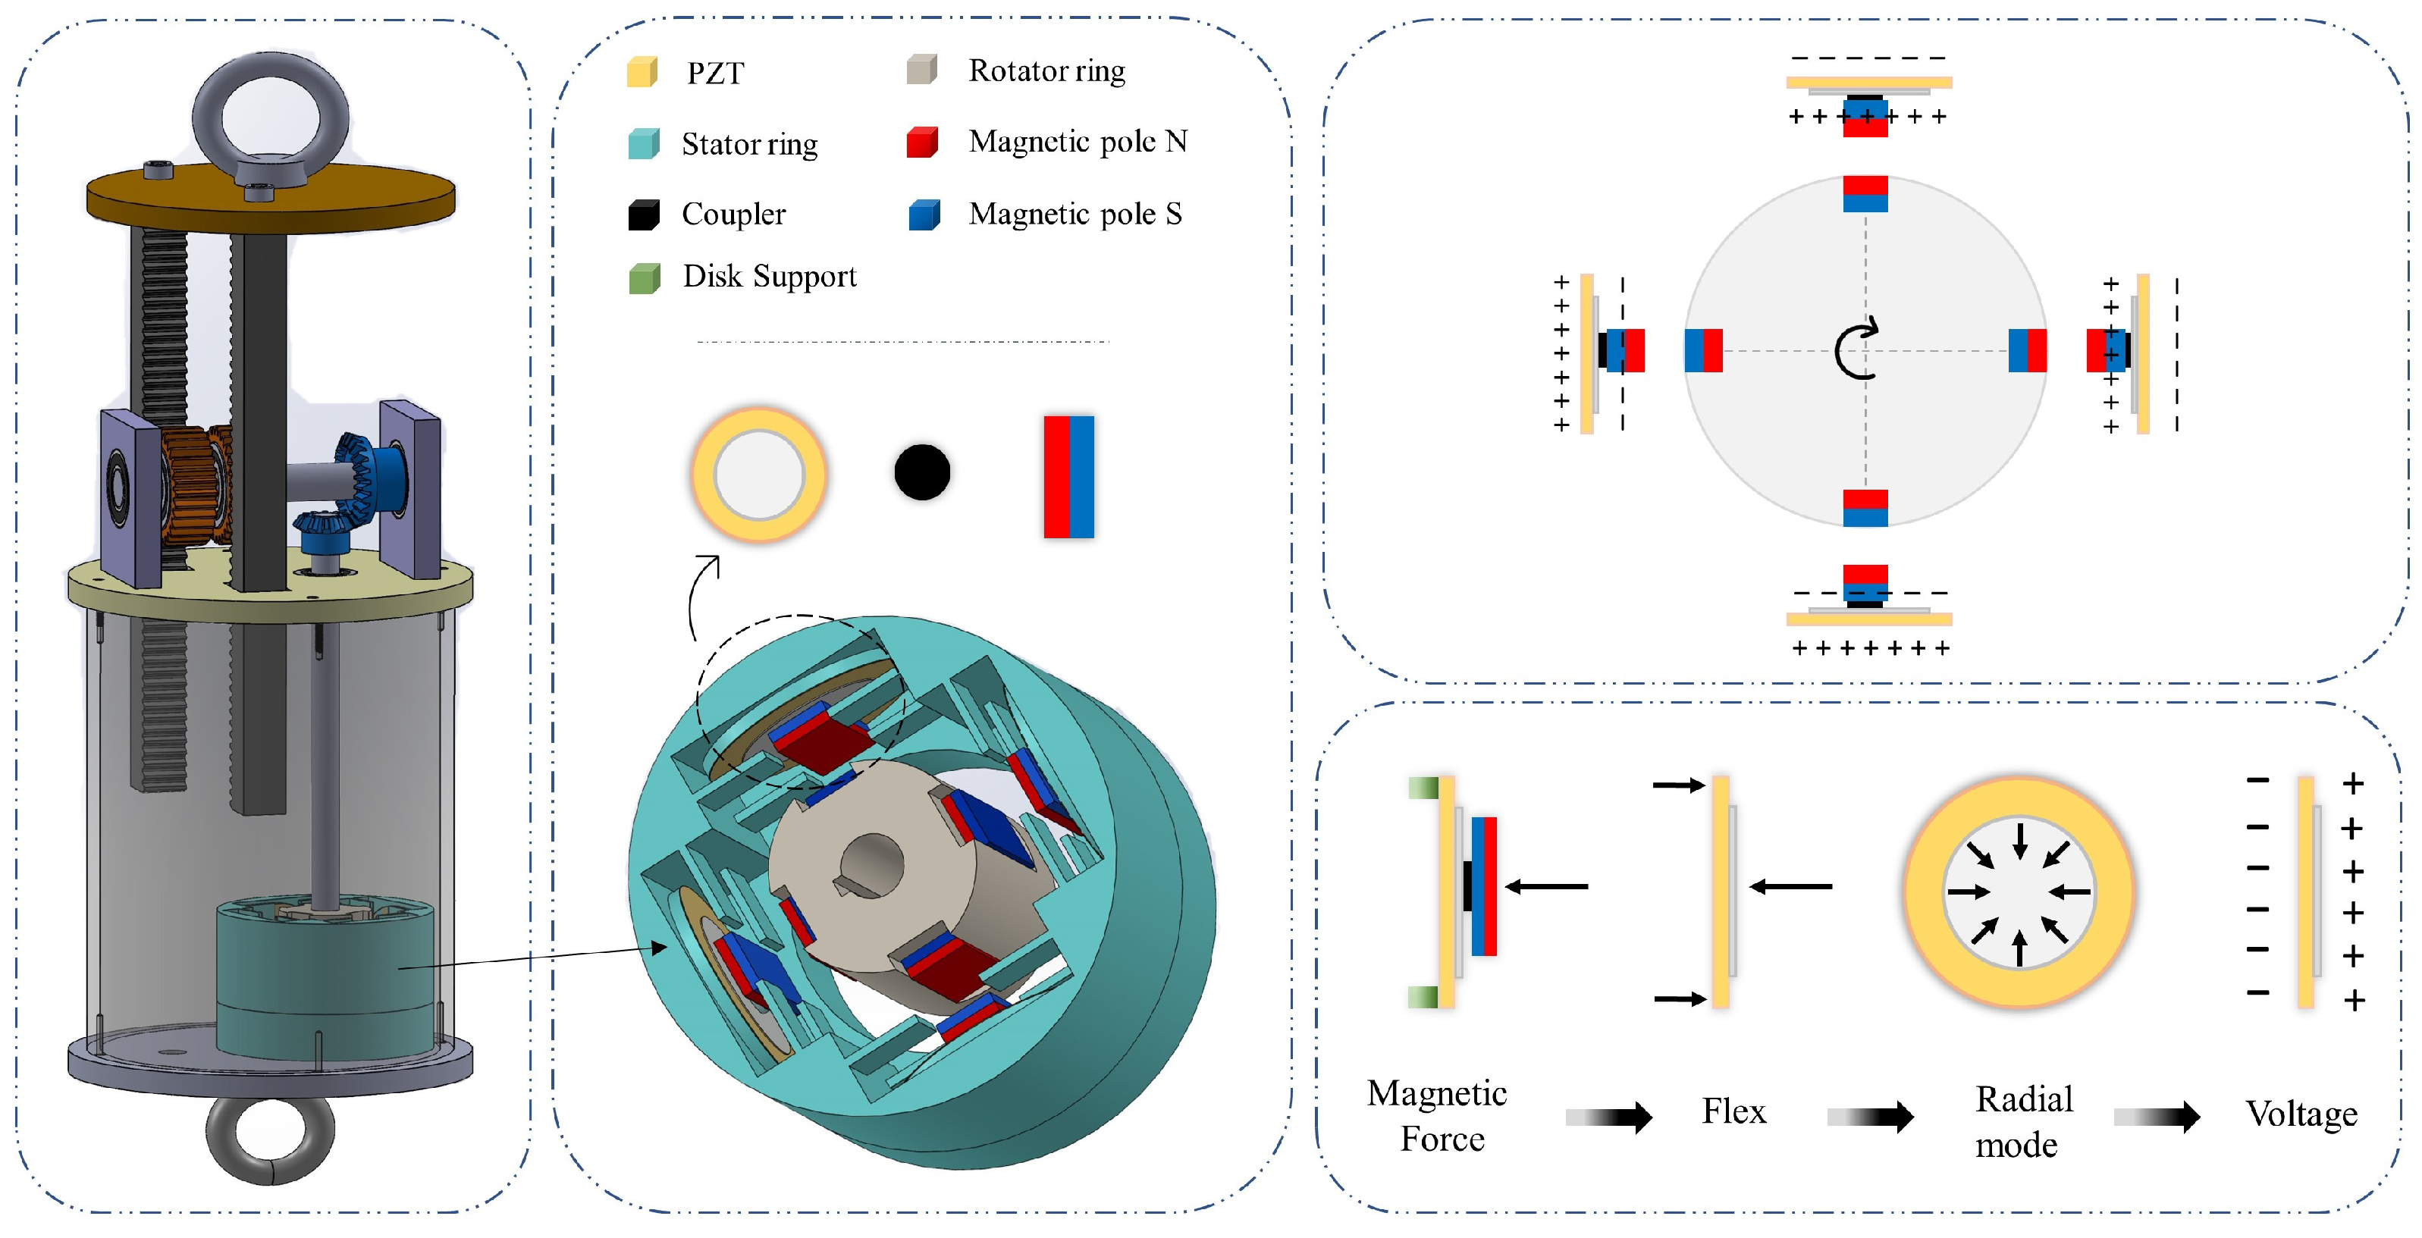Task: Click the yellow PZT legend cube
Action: pyautogui.click(x=642, y=71)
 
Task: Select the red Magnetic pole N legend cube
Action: pyautogui.click(x=922, y=142)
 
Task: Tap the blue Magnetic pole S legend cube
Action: pyautogui.click(x=924, y=215)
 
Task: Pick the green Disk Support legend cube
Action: pyautogui.click(x=644, y=277)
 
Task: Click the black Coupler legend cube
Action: pyautogui.click(x=644, y=215)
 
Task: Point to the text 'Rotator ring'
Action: pyautogui.click(x=1046, y=71)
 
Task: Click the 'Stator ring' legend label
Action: pyautogui.click(x=749, y=144)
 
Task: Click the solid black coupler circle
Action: pyautogui.click(x=921, y=472)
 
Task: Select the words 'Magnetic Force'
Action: pyautogui.click(x=1438, y=1116)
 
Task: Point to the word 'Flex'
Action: pyautogui.click(x=1733, y=1111)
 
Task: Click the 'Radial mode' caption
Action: pyautogui.click(x=2023, y=1121)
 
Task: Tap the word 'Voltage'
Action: pyautogui.click(x=2301, y=1114)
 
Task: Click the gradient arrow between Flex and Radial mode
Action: pyautogui.click(x=1870, y=1117)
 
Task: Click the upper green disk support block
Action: pyautogui.click(x=1423, y=787)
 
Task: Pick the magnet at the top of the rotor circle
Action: pyautogui.click(x=1865, y=193)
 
